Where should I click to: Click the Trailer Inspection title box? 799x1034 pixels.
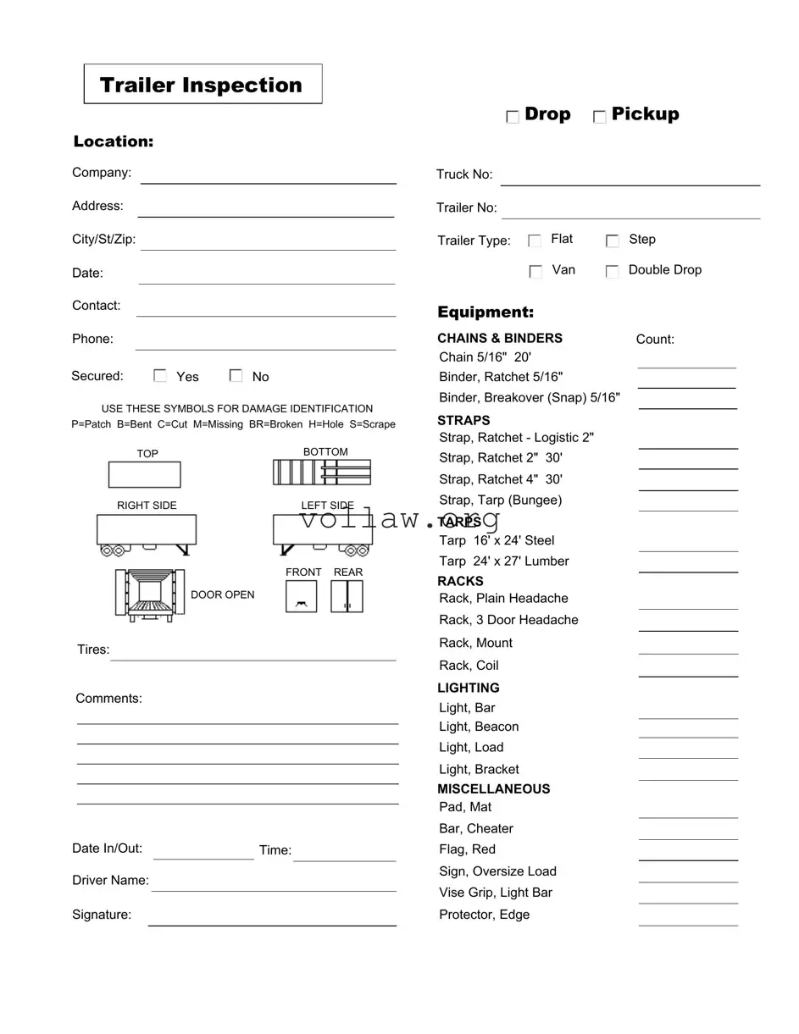click(x=203, y=85)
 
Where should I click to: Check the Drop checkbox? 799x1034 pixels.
click(x=513, y=117)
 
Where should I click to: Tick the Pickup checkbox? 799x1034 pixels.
click(x=600, y=117)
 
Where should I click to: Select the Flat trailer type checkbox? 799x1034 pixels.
click(x=535, y=241)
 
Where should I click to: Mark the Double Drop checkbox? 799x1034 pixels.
click(x=612, y=272)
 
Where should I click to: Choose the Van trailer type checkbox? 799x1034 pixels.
click(x=535, y=272)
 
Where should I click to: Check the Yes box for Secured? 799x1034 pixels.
click(x=160, y=376)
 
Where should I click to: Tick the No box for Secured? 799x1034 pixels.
click(x=236, y=376)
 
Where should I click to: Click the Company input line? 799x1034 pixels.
click(x=268, y=177)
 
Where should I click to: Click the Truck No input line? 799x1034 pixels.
click(x=630, y=179)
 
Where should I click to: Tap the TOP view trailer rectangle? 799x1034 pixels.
click(x=144, y=474)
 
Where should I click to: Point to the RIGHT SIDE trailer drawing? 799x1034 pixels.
click(x=147, y=534)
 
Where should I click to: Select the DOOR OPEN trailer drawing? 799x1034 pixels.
click(x=150, y=594)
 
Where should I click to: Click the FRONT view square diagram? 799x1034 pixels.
click(x=301, y=596)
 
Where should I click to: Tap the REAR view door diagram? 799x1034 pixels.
click(x=347, y=596)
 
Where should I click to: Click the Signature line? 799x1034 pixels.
click(x=272, y=919)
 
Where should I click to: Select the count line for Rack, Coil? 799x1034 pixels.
click(x=688, y=671)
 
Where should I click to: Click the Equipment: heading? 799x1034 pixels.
click(x=486, y=312)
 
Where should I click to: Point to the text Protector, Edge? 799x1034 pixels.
click(x=484, y=915)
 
